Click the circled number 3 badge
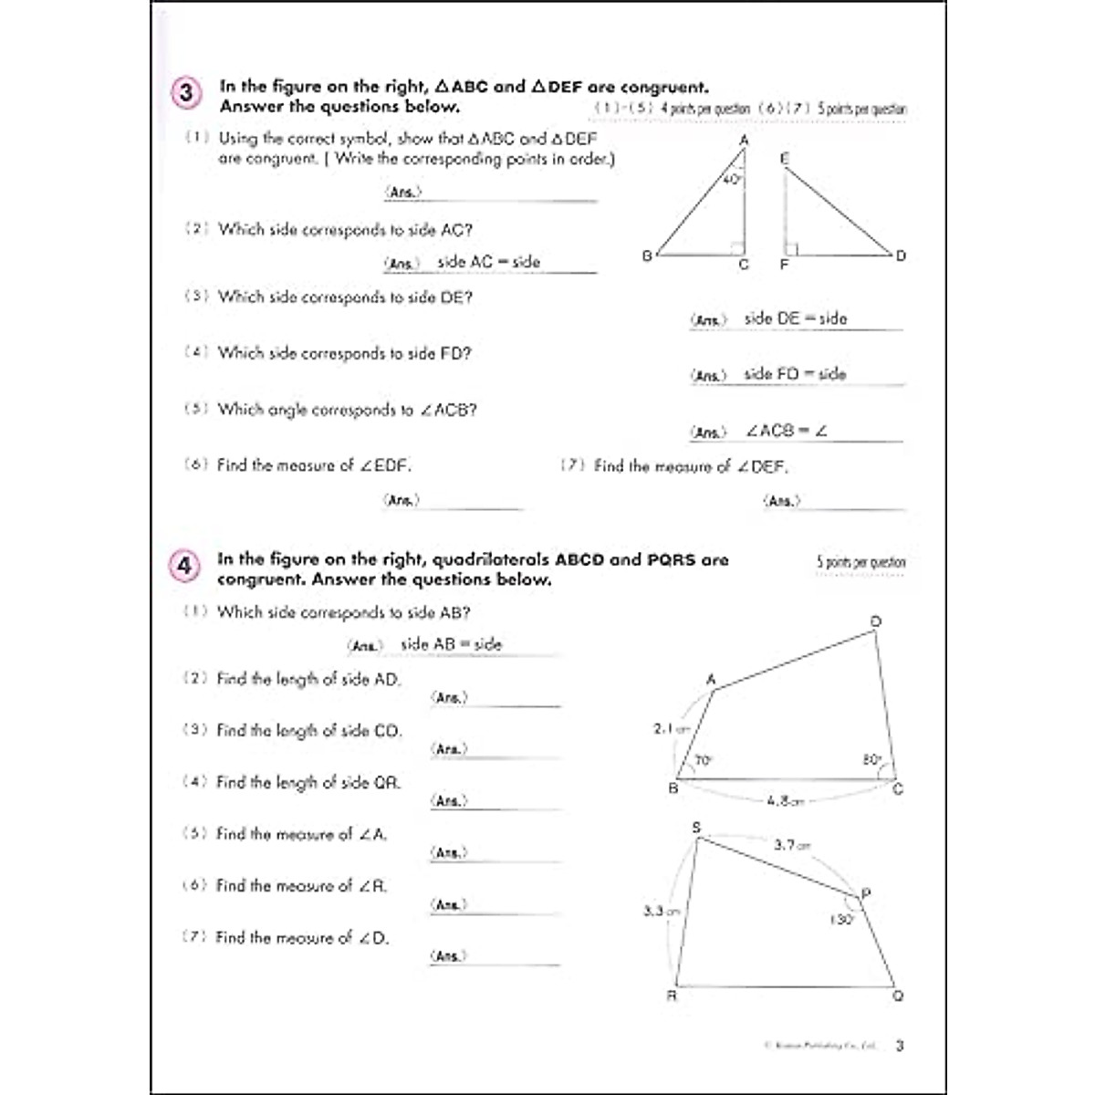(x=185, y=93)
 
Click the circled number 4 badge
(x=183, y=567)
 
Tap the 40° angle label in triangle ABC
(x=732, y=180)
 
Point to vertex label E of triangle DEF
(x=784, y=158)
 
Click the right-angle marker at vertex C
(x=737, y=247)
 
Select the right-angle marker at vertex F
(x=792, y=248)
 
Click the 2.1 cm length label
(x=671, y=729)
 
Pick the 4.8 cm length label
(x=785, y=801)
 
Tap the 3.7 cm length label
(x=791, y=845)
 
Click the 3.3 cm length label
(x=661, y=911)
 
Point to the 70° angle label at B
(x=703, y=760)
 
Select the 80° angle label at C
(x=871, y=759)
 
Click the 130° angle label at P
(x=840, y=920)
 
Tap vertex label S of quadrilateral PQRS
(x=696, y=827)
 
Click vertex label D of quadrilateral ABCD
(x=875, y=622)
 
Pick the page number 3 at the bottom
(x=900, y=1046)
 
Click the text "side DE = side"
(x=795, y=318)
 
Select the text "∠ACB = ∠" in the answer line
(x=786, y=431)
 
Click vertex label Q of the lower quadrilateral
(x=898, y=996)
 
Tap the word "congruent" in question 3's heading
(x=663, y=88)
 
